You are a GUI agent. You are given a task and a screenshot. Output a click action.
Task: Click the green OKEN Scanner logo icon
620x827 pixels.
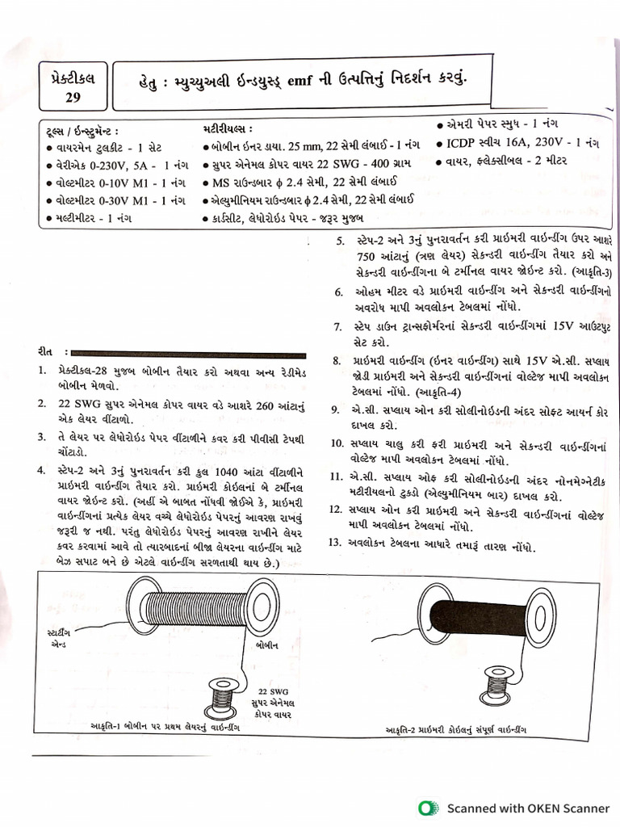(x=427, y=807)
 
